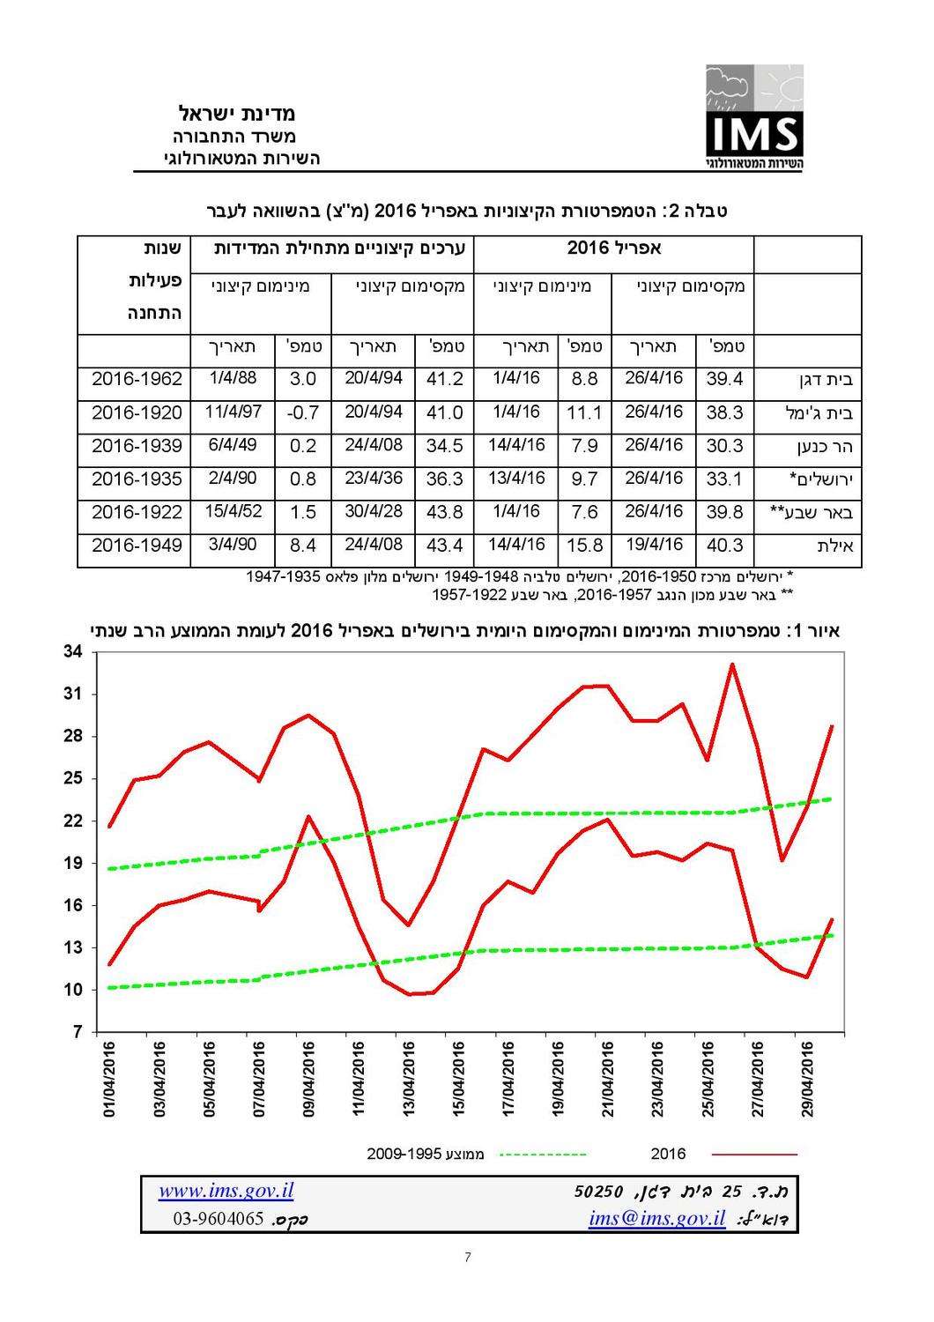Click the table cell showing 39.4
point(724,380)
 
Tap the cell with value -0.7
point(302,412)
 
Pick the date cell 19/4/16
point(654,545)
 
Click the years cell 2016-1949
point(137,546)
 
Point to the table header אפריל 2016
point(614,249)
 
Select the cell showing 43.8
point(444,512)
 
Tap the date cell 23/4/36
point(374,479)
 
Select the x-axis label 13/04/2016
point(408,1079)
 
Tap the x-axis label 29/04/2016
point(810,1079)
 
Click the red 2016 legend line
point(753,1154)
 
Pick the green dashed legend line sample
point(543,1154)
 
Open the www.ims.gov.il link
point(226,1192)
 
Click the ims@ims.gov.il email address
point(657,1219)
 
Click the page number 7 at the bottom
point(467,1257)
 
